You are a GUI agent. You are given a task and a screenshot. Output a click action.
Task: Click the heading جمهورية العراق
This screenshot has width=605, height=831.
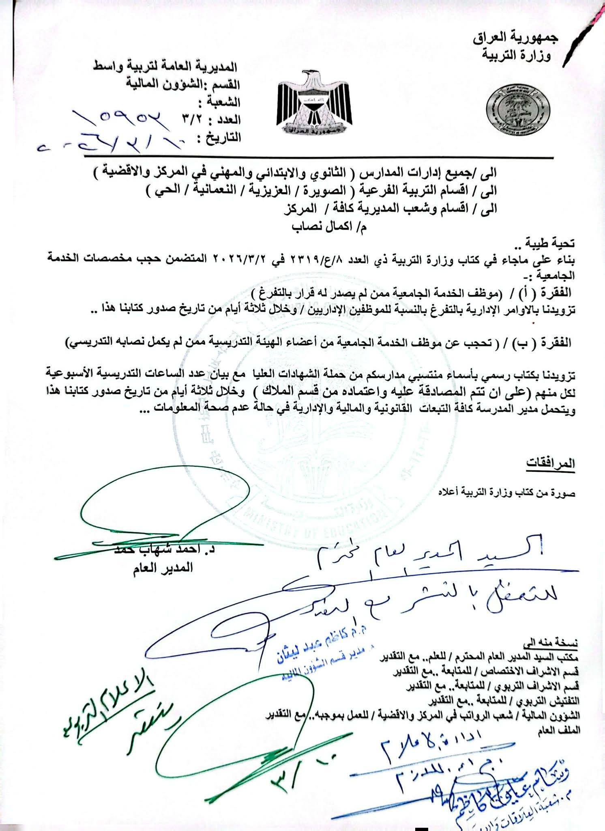pyautogui.click(x=516, y=39)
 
